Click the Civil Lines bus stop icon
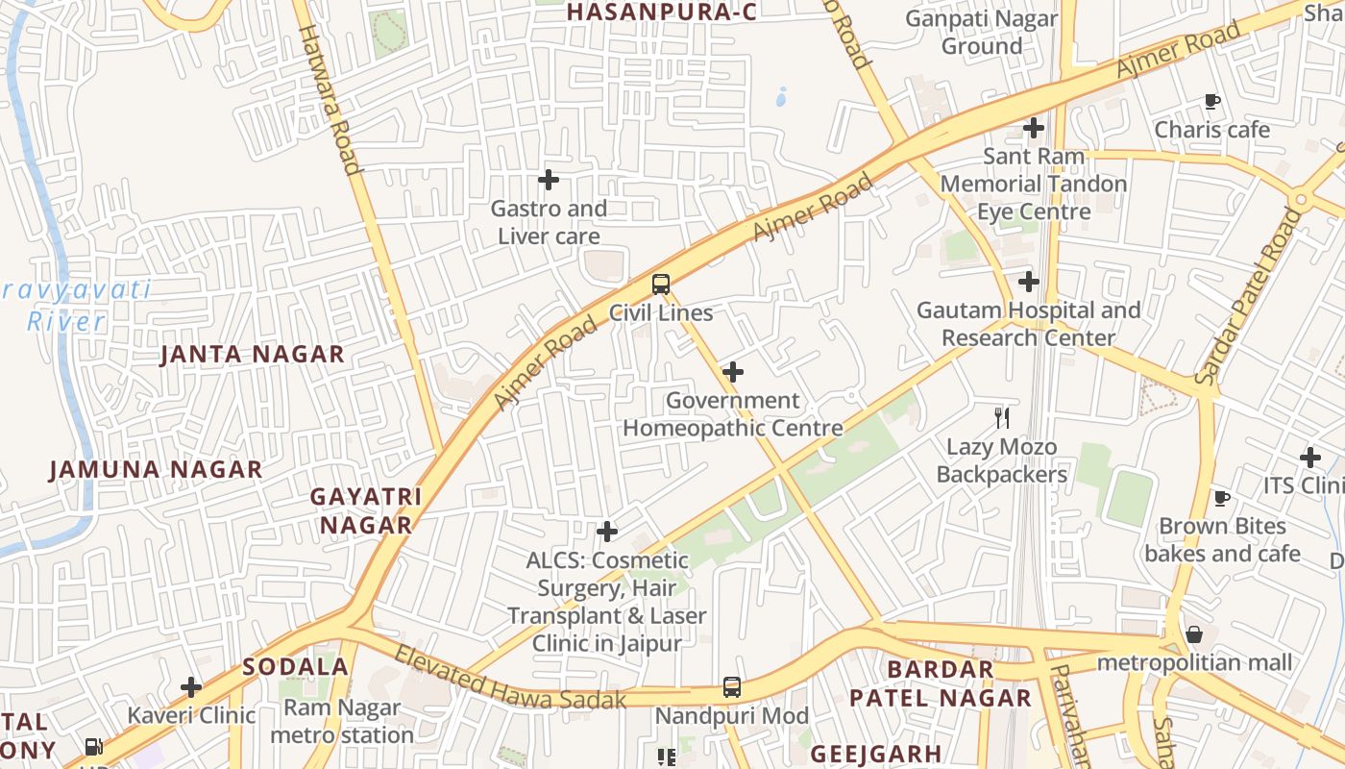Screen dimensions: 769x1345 (x=661, y=284)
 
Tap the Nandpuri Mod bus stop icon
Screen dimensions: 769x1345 (x=732, y=687)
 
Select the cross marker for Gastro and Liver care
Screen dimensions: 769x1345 (x=549, y=180)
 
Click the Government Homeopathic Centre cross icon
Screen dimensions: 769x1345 (x=733, y=371)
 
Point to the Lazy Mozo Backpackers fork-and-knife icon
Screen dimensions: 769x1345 (x=1002, y=417)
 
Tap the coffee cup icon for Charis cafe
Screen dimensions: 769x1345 (x=1212, y=101)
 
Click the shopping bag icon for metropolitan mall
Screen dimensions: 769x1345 (x=1194, y=634)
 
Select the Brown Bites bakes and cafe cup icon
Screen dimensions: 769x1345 (x=1221, y=498)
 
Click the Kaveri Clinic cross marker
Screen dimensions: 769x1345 (x=191, y=686)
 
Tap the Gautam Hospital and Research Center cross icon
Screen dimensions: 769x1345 (x=1029, y=282)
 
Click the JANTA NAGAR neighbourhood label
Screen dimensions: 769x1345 (x=253, y=354)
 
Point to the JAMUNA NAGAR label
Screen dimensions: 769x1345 (x=156, y=469)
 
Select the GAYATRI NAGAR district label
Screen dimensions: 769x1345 (x=366, y=510)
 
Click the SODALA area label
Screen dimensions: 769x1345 (x=295, y=666)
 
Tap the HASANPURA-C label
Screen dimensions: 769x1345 (x=662, y=12)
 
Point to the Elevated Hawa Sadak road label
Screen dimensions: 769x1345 (x=510, y=680)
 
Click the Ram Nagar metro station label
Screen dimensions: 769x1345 (x=342, y=722)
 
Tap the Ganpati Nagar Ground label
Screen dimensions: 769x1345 (x=981, y=32)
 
